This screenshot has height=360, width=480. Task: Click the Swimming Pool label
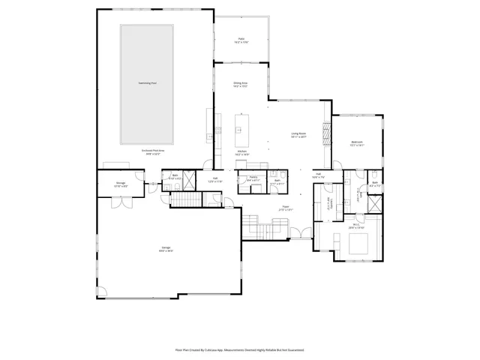click(x=147, y=82)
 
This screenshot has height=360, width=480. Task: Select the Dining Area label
click(x=240, y=84)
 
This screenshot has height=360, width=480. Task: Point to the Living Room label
click(x=298, y=135)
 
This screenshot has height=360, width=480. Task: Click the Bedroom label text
click(x=356, y=143)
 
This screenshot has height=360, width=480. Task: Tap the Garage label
click(x=166, y=249)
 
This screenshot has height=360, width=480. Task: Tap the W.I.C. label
click(x=357, y=225)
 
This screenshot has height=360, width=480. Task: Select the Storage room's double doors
click(x=118, y=202)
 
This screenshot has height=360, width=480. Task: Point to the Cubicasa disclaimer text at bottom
click(x=239, y=349)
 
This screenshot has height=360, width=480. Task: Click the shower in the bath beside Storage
click(x=190, y=180)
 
